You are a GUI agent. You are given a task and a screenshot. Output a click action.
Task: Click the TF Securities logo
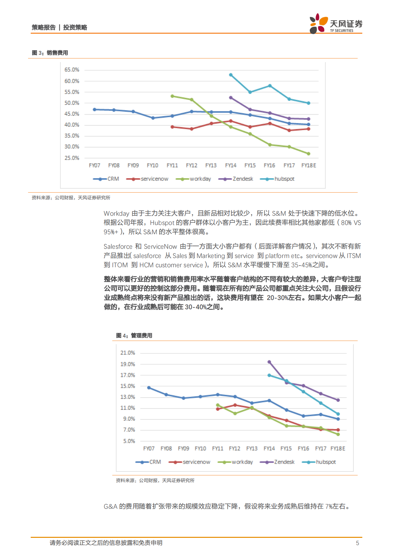(x=335, y=24)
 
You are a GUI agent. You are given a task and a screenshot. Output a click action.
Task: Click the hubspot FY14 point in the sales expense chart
(x=231, y=75)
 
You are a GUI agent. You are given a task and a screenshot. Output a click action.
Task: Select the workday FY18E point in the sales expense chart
(x=308, y=154)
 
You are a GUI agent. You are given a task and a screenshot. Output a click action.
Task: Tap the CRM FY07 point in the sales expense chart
(x=94, y=109)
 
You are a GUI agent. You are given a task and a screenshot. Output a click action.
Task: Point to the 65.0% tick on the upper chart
(x=72, y=70)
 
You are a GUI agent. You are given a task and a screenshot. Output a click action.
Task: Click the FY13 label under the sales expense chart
(x=211, y=165)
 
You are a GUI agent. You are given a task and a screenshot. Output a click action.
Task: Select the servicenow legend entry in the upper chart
(x=147, y=179)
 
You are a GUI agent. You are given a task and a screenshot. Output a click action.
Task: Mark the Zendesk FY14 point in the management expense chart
(x=269, y=362)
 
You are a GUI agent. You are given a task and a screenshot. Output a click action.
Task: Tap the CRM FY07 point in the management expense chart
(x=149, y=388)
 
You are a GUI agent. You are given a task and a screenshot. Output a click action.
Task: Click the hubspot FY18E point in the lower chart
(x=338, y=414)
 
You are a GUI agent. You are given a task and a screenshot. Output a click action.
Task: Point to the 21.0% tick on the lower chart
(x=127, y=353)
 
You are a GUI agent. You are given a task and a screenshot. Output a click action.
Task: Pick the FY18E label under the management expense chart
(x=338, y=448)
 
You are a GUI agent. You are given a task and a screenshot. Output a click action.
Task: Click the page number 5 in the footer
(x=357, y=543)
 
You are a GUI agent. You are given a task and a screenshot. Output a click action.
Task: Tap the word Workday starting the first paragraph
(x=116, y=213)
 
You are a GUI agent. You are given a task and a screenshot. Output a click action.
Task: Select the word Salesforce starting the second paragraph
(x=118, y=246)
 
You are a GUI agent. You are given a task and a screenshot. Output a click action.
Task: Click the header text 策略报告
(x=44, y=27)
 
